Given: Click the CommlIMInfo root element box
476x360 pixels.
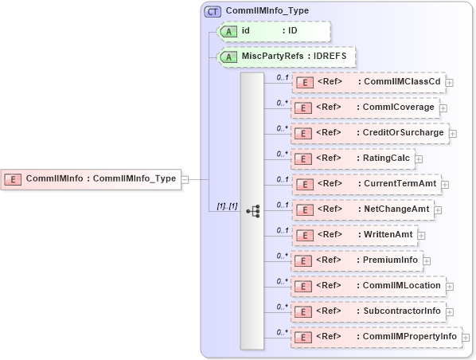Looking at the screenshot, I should tap(91, 179).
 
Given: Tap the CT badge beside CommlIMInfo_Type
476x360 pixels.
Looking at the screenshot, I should tap(213, 11).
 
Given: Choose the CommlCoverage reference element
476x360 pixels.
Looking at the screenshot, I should tap(365, 108).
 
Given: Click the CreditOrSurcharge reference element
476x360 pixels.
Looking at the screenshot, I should tap(370, 133).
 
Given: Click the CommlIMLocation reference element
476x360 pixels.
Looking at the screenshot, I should tap(368, 286).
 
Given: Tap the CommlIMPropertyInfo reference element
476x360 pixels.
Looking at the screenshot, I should tap(376, 337).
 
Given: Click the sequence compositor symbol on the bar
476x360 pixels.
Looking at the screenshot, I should tap(253, 211).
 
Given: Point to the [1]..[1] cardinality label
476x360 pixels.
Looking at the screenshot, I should tap(227, 206).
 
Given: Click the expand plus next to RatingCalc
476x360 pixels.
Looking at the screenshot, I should tap(419, 159).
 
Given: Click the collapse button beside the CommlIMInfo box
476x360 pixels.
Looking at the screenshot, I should tap(185, 179).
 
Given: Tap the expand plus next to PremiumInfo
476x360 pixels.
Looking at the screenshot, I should tap(427, 261).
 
